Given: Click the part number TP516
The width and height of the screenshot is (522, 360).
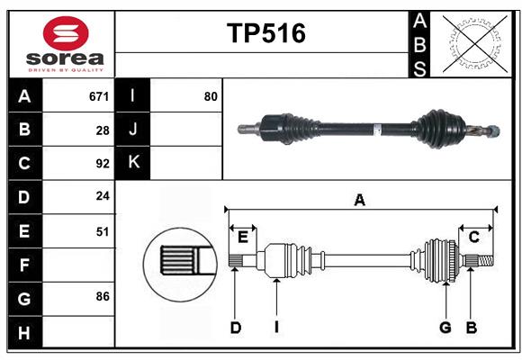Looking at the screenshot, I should (x=265, y=33).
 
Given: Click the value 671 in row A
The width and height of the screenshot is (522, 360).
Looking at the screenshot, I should (x=98, y=95).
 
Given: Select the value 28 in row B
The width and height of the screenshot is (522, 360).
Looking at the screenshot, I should (x=102, y=130).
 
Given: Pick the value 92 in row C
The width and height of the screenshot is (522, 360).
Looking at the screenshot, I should (x=102, y=164).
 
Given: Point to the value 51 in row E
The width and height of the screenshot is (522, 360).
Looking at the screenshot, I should (x=102, y=231).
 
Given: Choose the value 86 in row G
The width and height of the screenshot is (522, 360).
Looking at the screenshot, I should (x=102, y=296).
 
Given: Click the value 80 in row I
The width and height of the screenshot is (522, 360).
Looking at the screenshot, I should (x=211, y=95).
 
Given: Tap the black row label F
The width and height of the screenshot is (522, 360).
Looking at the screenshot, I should (x=24, y=265).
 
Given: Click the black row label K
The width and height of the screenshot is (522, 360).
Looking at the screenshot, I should (x=133, y=163).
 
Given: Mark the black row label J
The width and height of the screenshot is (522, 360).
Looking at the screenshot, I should (x=133, y=130).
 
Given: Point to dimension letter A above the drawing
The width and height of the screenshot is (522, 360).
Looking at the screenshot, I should (x=360, y=201).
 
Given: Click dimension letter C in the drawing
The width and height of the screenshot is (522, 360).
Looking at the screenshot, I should (x=473, y=237).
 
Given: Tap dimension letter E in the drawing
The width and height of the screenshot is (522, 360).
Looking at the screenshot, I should (x=242, y=237).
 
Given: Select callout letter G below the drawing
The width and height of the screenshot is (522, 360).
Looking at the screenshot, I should (x=445, y=328).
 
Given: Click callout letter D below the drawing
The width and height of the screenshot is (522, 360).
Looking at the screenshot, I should (x=235, y=328).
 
